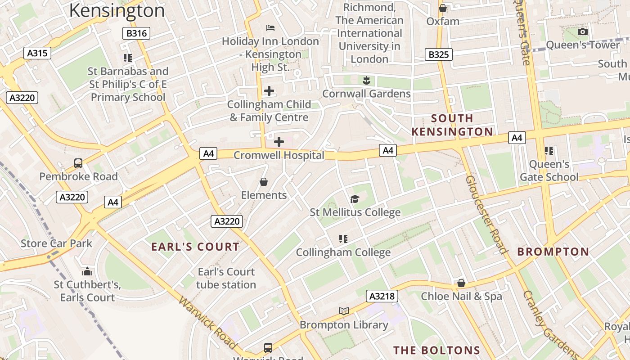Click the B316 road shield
(136, 33)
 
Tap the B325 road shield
(438, 54)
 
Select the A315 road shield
(37, 53)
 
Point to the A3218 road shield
(382, 296)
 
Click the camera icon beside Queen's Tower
(582, 31)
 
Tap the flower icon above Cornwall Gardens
(366, 80)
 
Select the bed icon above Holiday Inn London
(270, 28)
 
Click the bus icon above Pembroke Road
(78, 163)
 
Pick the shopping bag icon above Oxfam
(443, 8)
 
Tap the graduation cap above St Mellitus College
(355, 199)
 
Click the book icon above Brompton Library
(344, 311)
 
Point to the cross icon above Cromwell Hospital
(279, 142)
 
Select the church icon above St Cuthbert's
(87, 271)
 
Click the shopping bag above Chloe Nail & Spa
(461, 283)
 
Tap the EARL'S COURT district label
(195, 247)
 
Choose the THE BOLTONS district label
(436, 350)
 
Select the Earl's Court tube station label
(226, 278)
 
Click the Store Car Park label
(56, 243)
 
